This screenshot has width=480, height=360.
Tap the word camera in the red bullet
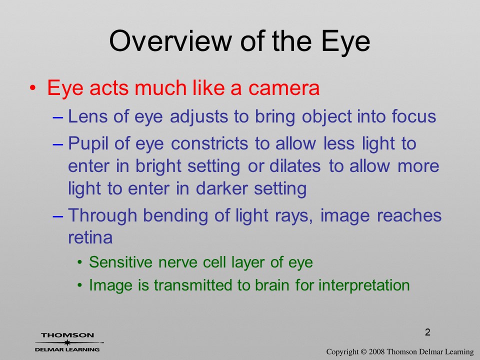(284, 88)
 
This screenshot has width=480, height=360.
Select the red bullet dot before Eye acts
(33, 88)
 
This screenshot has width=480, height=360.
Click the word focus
(414, 116)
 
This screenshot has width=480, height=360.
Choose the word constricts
(209, 143)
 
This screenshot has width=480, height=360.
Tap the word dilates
(295, 166)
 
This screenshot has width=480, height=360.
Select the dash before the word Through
(58, 216)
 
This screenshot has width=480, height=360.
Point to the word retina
(90, 237)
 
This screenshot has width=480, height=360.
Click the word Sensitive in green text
(120, 262)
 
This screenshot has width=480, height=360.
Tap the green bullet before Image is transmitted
(80, 285)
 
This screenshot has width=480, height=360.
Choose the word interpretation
(364, 285)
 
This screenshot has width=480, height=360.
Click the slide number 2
(427, 332)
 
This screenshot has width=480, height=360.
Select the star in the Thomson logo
(66, 342)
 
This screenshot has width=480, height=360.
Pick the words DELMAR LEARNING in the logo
(67, 349)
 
